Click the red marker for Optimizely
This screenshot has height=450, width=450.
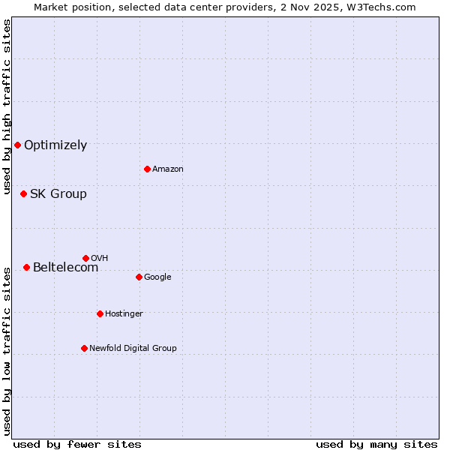point(17,145)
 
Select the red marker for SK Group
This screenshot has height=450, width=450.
point(23,193)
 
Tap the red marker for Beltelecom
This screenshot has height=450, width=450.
point(26,267)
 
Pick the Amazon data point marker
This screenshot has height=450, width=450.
point(147,169)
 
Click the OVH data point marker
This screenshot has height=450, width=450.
point(85,258)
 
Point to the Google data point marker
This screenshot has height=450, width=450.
point(139,277)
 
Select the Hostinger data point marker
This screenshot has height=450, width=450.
point(100,313)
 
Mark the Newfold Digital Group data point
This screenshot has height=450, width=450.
point(84,348)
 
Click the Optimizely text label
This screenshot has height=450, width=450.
point(55,145)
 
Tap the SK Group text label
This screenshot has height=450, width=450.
point(58,194)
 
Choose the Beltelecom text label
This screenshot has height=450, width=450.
point(65,268)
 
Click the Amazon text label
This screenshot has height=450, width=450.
point(168,169)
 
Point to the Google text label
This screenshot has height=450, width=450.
point(157,277)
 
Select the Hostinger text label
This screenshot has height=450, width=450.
point(124,314)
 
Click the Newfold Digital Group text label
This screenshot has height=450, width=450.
point(133,349)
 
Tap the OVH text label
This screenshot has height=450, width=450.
point(100,259)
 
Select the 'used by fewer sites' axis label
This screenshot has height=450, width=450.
point(77,444)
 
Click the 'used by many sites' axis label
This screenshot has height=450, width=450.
point(376,444)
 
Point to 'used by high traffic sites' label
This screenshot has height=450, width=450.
point(7,106)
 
